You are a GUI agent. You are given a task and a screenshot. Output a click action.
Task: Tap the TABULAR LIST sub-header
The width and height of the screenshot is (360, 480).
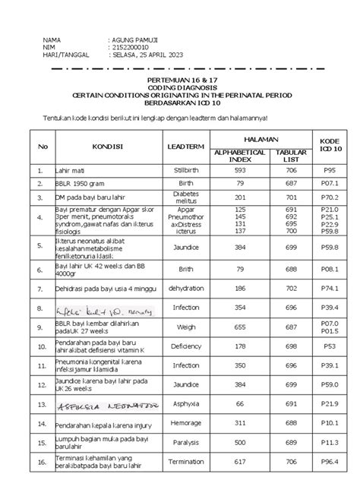290,155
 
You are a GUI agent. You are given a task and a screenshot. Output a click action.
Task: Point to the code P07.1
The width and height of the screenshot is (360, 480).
329,183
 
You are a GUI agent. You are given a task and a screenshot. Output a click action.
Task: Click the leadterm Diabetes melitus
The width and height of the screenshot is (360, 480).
185,197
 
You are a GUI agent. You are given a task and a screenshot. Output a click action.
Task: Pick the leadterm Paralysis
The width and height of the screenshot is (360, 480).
185,441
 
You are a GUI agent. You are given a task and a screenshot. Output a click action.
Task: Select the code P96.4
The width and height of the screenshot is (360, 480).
329,462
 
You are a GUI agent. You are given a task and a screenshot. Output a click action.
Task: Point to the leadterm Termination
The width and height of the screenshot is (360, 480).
185,462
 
